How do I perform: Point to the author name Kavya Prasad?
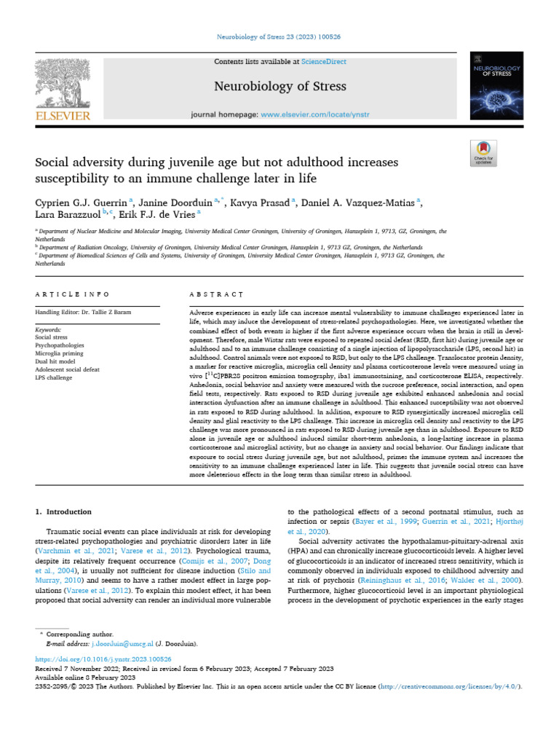point(259,202)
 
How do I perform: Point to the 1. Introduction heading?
point(64,511)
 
